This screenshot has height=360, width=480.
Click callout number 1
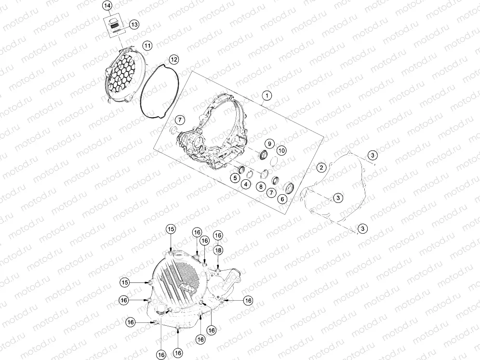click(x=267, y=96)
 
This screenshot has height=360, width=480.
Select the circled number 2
click(x=321, y=167)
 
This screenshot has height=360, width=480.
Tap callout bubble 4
click(x=245, y=184)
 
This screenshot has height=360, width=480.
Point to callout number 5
click(x=235, y=178)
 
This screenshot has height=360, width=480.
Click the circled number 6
click(x=282, y=199)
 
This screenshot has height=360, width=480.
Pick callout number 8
click(x=261, y=187)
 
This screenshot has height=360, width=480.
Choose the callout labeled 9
click(x=269, y=144)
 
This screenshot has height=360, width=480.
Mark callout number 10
click(x=281, y=150)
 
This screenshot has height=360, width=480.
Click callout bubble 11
click(x=147, y=46)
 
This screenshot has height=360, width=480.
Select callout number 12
click(x=174, y=59)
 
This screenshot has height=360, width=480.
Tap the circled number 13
click(x=134, y=25)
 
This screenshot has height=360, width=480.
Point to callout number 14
click(x=107, y=5)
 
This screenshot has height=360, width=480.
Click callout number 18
click(x=218, y=250)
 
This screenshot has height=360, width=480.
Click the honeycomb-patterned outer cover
click(x=119, y=75)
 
